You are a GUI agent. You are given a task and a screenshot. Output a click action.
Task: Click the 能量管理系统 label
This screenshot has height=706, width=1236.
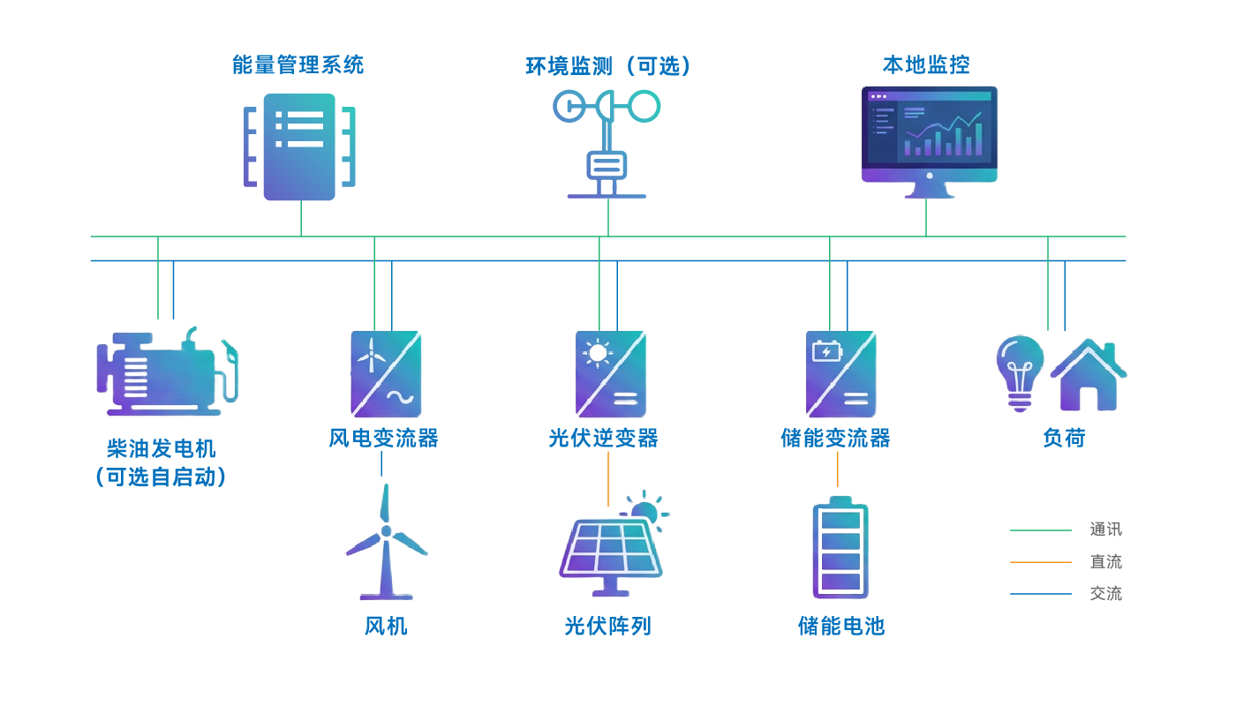pyautogui.click(x=298, y=65)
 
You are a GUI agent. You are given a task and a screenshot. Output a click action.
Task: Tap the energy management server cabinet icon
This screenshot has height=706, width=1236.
pyautogui.click(x=300, y=146)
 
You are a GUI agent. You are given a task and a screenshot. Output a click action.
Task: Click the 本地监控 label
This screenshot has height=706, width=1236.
pyautogui.click(x=926, y=65)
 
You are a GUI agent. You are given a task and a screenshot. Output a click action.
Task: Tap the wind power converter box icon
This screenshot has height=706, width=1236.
pyautogui.click(x=386, y=374)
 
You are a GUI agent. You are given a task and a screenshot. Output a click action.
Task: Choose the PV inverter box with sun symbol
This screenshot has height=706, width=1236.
pyautogui.click(x=611, y=374)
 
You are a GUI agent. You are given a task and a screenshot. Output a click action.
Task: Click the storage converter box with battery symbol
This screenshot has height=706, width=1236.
pyautogui.click(x=840, y=374)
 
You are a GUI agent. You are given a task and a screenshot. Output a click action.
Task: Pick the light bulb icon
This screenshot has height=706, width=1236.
pyautogui.click(x=1020, y=372)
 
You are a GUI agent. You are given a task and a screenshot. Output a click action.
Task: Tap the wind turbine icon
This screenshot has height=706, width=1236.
pyautogui.click(x=386, y=544)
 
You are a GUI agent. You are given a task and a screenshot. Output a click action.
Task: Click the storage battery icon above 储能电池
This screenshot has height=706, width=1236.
pyautogui.click(x=840, y=549)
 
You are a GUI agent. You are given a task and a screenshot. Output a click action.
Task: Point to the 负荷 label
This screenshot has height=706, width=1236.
pyautogui.click(x=1064, y=438)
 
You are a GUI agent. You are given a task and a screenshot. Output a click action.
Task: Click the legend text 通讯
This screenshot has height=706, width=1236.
pyautogui.click(x=1105, y=529)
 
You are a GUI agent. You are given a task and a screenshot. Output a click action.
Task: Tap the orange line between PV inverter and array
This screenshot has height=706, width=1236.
pyautogui.click(x=608, y=480)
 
